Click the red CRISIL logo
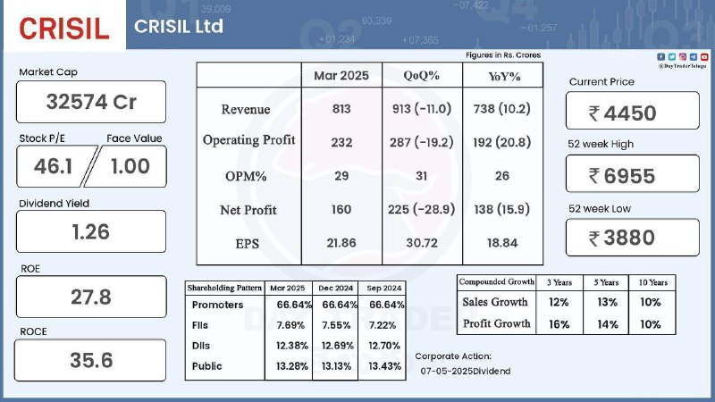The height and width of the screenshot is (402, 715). (64, 29)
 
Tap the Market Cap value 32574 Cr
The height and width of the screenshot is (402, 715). (91, 102)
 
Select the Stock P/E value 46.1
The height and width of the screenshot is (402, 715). (53, 166)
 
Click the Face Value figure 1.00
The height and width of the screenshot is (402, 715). (130, 166)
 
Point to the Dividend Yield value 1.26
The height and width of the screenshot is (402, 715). (91, 232)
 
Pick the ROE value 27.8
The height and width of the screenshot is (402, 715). (91, 297)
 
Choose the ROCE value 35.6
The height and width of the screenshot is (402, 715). (91, 361)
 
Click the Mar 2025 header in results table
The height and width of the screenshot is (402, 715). (341, 76)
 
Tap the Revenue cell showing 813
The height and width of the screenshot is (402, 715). (341, 109)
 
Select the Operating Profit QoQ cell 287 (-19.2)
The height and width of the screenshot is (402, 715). (421, 143)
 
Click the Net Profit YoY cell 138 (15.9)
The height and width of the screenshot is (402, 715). (501, 210)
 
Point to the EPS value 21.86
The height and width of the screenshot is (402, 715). (341, 243)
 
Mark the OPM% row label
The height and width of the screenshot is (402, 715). (246, 176)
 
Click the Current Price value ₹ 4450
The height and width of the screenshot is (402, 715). (622, 113)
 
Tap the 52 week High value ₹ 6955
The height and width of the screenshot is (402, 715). (622, 176)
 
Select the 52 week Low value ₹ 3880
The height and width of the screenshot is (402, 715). (622, 238)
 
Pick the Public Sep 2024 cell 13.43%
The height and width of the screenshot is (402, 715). (385, 366)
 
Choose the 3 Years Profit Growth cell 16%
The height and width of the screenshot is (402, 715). (559, 324)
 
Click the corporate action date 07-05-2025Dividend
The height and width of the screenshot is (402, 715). (466, 372)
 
